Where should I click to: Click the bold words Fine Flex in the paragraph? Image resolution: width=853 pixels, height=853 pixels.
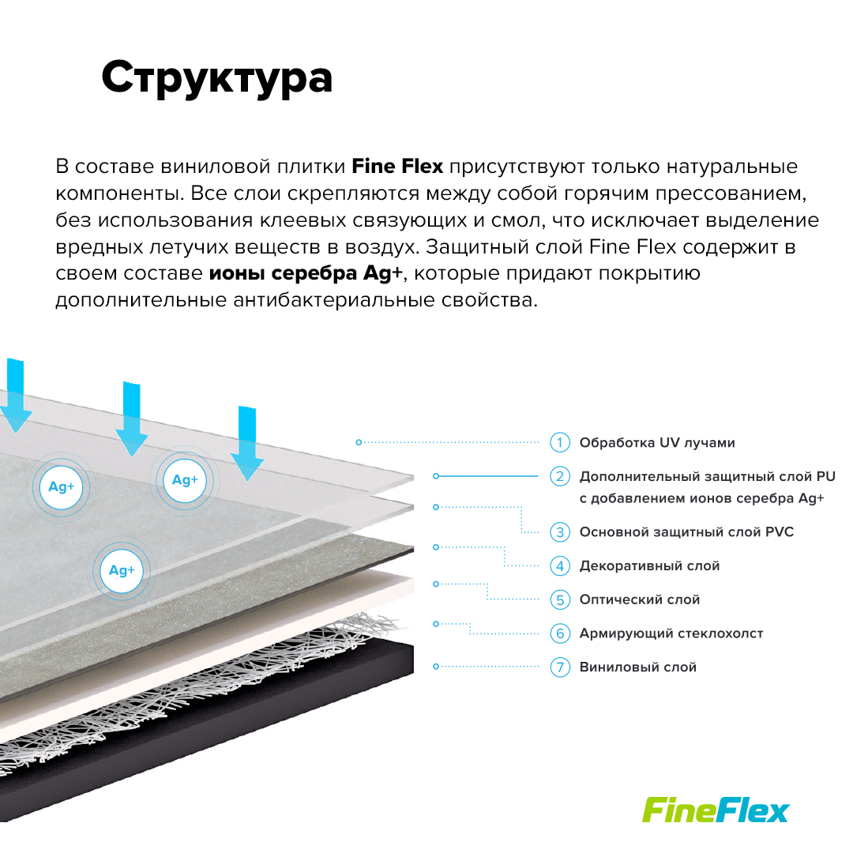(397, 167)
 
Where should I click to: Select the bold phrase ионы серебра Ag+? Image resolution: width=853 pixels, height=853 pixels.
(305, 273)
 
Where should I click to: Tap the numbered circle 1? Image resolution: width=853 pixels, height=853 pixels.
(560, 442)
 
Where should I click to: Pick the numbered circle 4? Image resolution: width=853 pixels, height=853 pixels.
(560, 566)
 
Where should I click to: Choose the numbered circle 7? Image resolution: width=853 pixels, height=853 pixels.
(560, 667)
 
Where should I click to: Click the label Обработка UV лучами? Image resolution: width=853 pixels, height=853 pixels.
(657, 443)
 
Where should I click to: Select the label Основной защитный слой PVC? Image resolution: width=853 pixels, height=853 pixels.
(686, 532)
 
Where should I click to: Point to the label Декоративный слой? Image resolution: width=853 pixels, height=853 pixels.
(649, 566)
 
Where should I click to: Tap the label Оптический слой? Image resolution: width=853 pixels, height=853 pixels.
(640, 600)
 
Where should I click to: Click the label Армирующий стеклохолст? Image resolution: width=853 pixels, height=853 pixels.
(671, 633)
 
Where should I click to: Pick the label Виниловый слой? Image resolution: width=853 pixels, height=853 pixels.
(638, 667)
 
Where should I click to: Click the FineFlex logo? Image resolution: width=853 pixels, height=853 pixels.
(716, 810)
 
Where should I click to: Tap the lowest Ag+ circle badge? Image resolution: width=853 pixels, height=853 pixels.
(122, 570)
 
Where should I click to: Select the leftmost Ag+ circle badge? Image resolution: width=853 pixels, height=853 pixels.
(62, 487)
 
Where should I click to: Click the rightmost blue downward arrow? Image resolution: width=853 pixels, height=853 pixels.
(247, 443)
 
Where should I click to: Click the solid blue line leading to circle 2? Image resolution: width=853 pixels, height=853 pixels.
(487, 476)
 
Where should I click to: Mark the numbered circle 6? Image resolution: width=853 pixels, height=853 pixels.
(560, 633)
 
